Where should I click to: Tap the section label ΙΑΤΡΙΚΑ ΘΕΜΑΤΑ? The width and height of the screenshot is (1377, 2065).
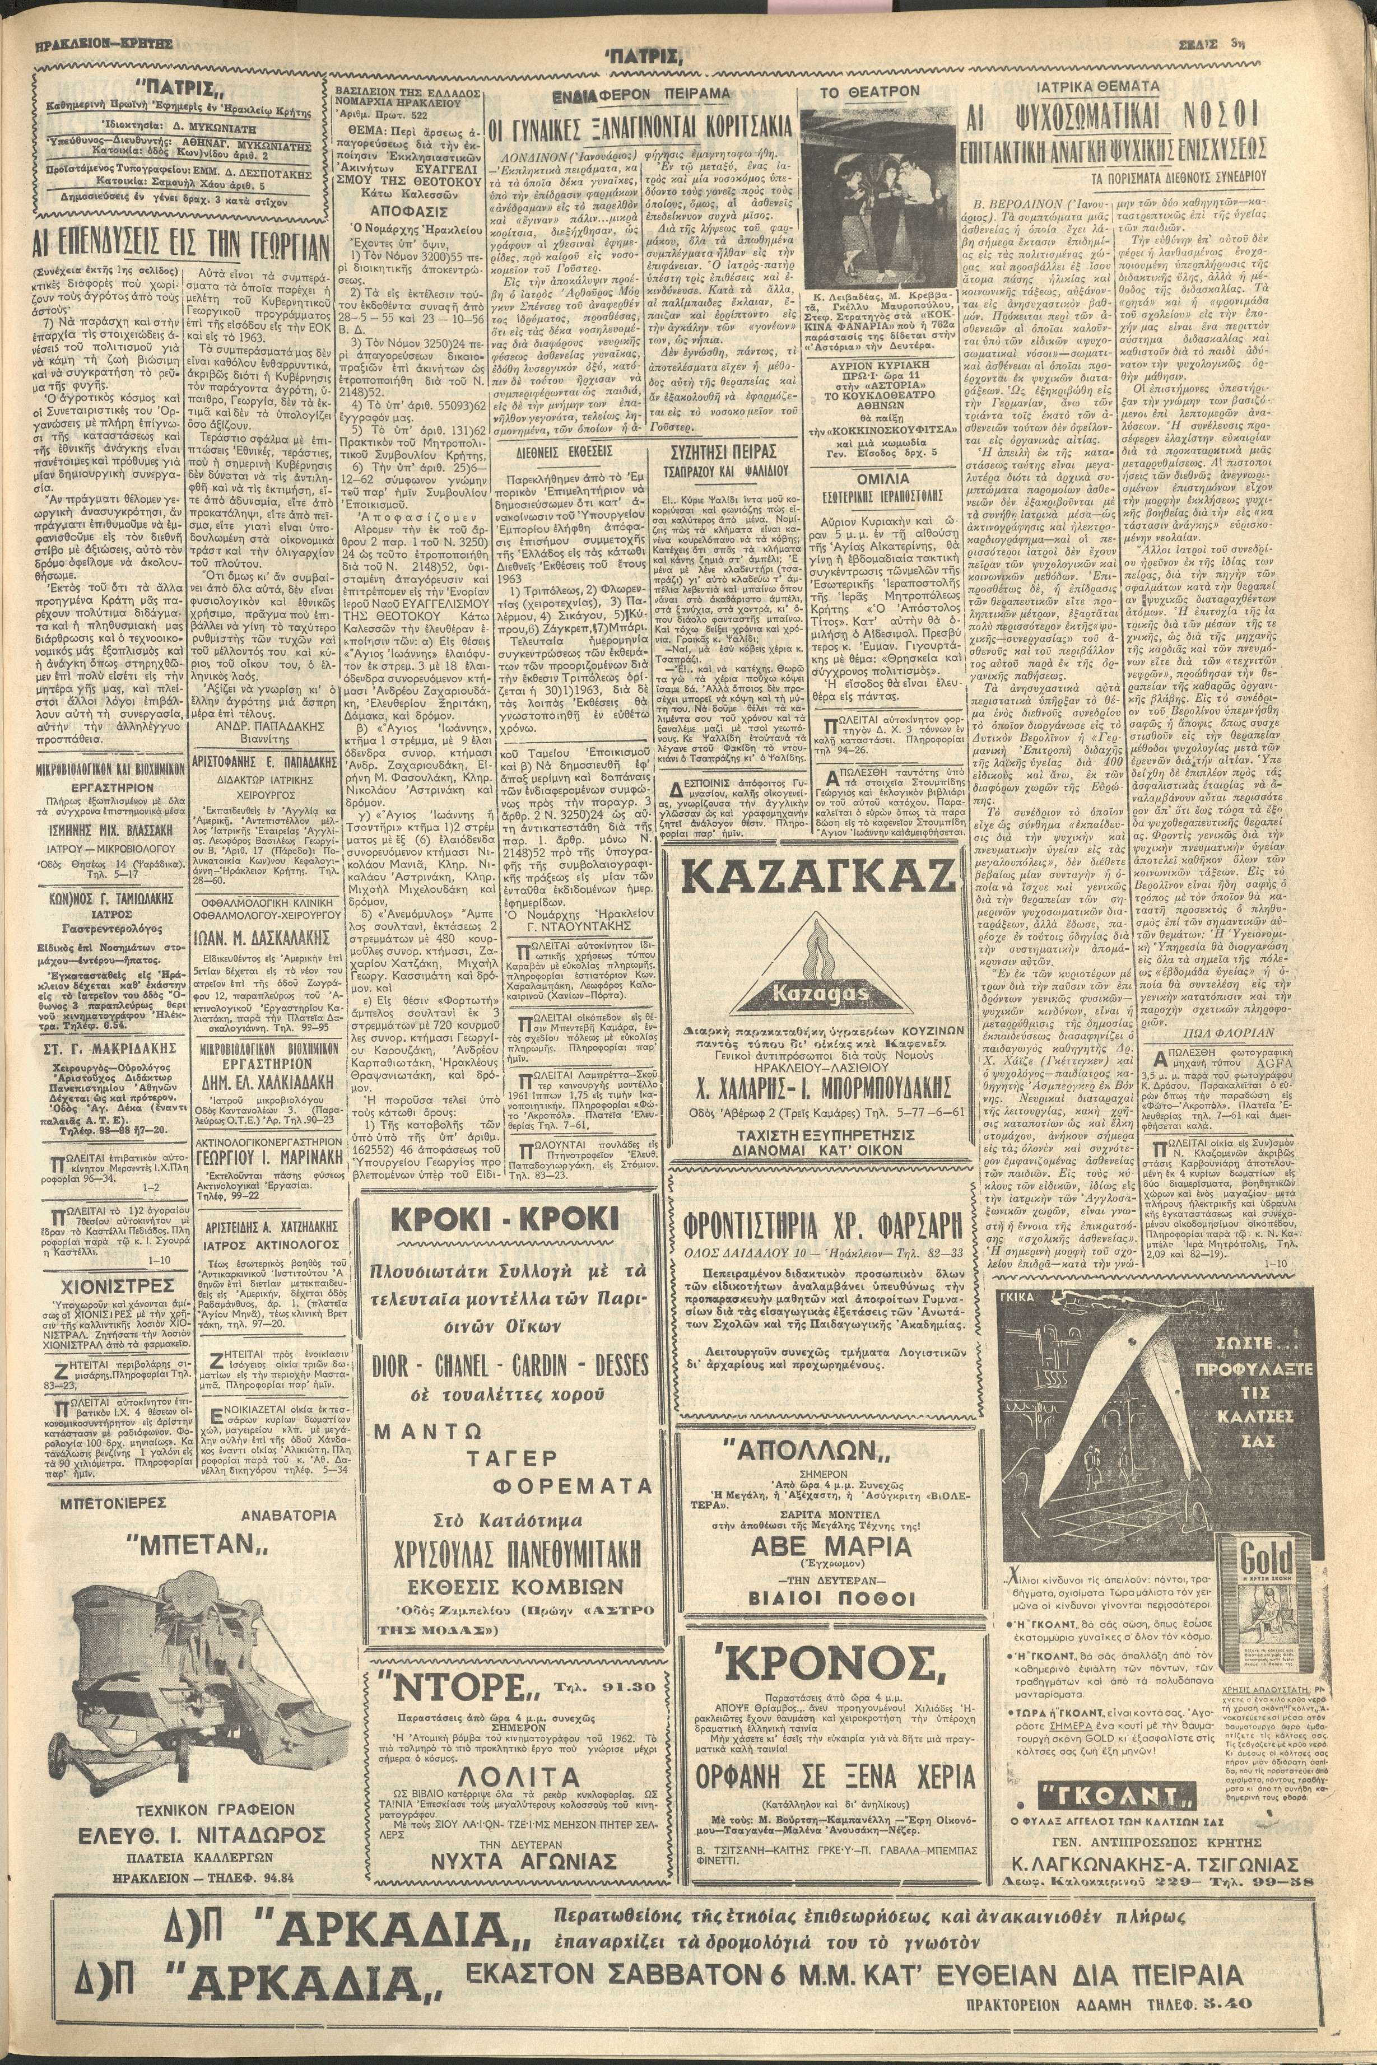1109,87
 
